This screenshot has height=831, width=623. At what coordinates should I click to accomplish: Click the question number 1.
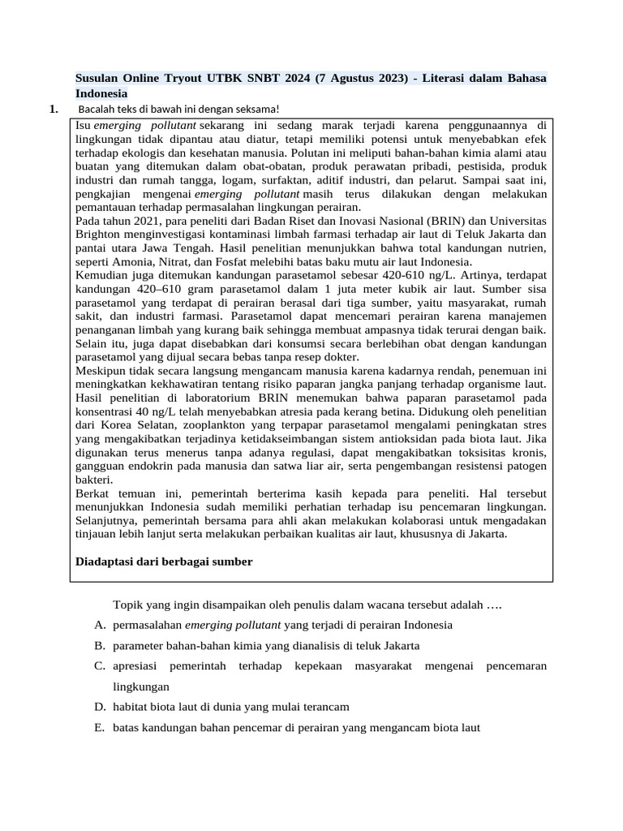coord(54,109)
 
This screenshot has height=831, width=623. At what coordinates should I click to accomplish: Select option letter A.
coord(100,625)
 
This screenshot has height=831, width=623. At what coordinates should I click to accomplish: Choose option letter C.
coord(100,665)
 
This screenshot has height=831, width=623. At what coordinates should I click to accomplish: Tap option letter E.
coord(100,727)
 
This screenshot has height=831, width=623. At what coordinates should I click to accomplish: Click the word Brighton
coord(98,235)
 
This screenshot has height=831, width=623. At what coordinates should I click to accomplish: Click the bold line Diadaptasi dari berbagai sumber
coord(164,561)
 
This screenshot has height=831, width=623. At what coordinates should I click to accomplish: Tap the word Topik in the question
coord(128,605)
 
